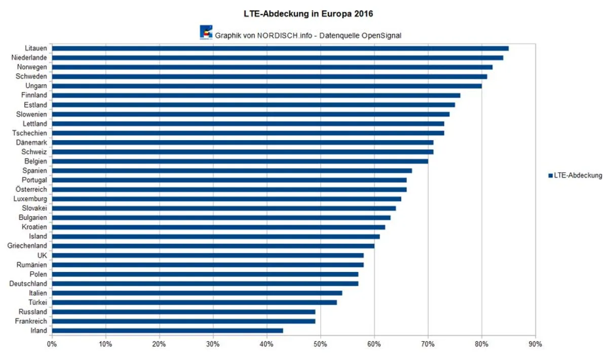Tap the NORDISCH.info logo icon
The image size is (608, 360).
click(206, 32)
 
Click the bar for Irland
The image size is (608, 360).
click(167, 331)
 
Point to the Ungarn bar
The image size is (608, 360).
click(267, 86)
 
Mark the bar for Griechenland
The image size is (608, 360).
click(213, 246)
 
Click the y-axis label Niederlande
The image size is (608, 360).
click(29, 58)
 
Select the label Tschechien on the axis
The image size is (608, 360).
click(30, 133)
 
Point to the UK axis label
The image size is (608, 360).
click(42, 255)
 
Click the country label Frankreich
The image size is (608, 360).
click(30, 321)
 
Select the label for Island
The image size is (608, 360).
click(38, 236)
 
